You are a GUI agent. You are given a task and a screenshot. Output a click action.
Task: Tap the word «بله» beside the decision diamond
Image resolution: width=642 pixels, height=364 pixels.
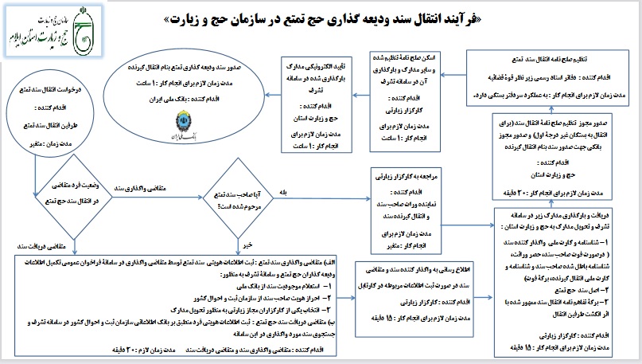tap(282, 190)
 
